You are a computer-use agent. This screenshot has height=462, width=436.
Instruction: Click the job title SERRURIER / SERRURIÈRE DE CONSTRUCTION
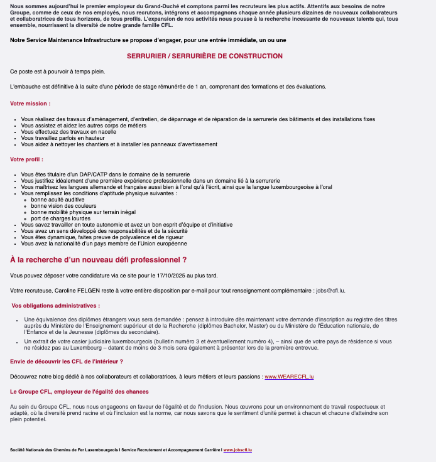(x=205, y=56)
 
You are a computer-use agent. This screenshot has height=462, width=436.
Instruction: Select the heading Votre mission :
(x=30, y=103)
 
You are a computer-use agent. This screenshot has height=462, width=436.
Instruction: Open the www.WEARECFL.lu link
(x=289, y=377)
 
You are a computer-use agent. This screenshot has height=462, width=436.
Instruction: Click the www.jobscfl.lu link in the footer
(x=237, y=450)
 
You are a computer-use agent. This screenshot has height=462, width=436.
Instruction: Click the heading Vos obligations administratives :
(x=55, y=306)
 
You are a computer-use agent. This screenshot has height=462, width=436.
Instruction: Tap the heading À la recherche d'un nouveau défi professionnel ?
(x=98, y=259)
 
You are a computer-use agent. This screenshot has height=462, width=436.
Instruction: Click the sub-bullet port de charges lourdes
(x=60, y=218)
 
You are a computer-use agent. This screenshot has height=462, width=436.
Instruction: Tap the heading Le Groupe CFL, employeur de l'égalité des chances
(x=79, y=392)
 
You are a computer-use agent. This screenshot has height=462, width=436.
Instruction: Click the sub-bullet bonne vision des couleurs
(x=59, y=206)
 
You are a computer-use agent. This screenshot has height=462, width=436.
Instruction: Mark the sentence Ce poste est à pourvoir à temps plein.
(x=58, y=72)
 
